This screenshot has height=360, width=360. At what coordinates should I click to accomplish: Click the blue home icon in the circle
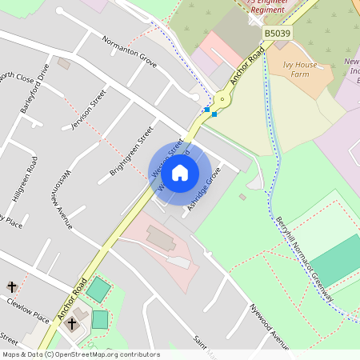[180, 172]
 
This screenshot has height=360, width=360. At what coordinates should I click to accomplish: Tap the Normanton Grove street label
[129, 50]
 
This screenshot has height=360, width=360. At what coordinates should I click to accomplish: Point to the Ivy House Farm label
[300, 69]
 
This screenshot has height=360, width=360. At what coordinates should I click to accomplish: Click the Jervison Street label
[88, 110]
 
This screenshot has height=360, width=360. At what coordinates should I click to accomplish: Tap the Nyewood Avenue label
[268, 326]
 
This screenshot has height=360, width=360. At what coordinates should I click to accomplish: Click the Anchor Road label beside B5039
[246, 66]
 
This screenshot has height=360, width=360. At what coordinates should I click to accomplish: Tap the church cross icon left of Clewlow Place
[12, 286]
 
